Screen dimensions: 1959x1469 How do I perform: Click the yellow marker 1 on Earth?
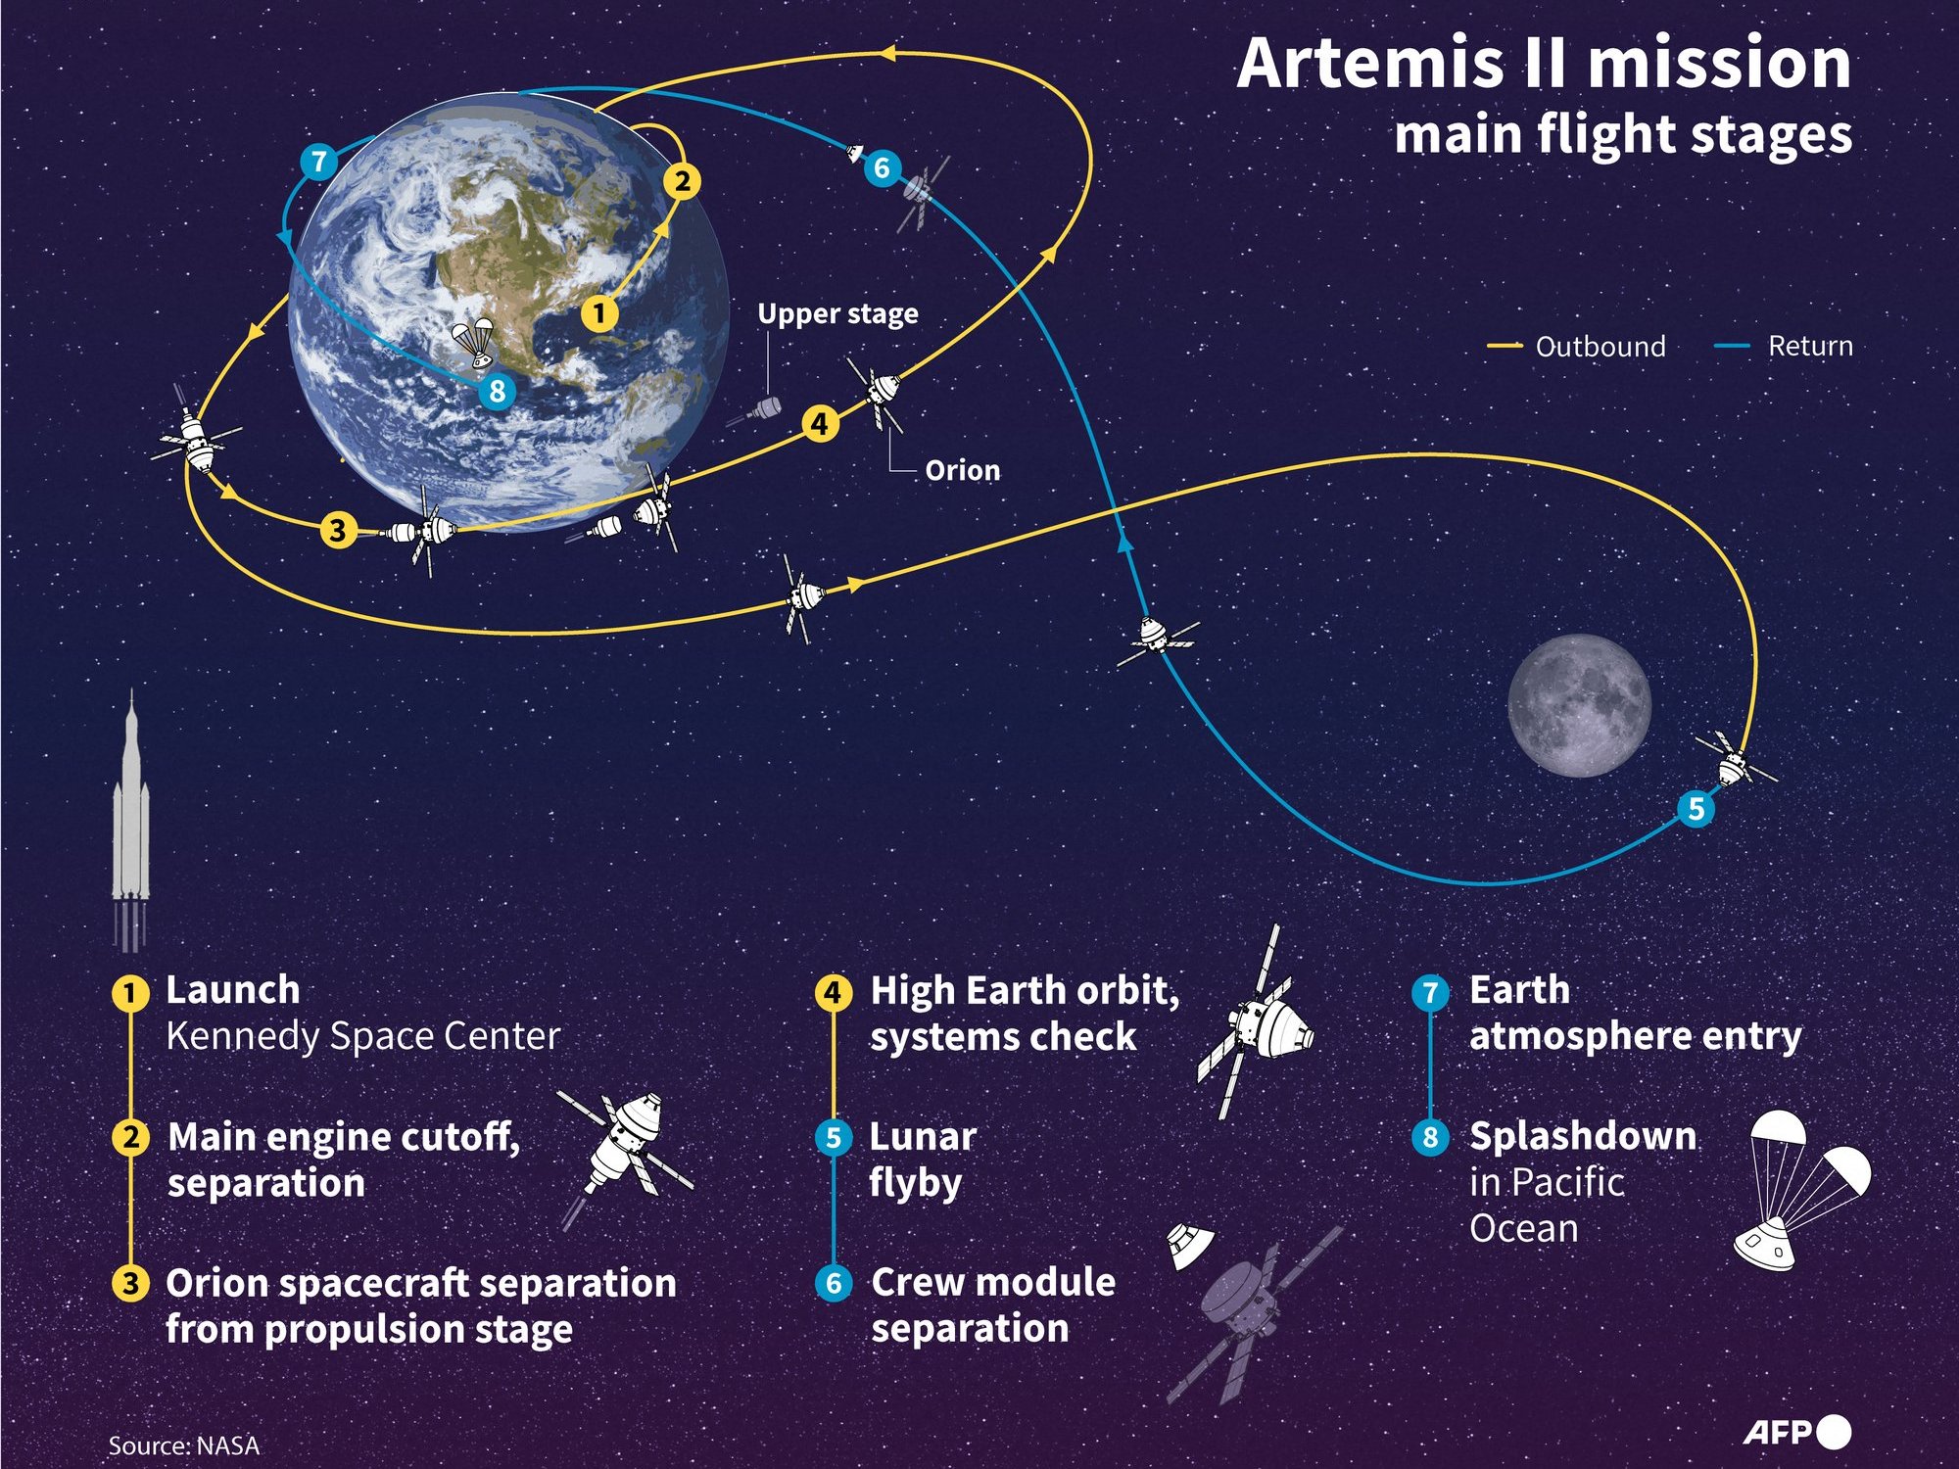(x=599, y=313)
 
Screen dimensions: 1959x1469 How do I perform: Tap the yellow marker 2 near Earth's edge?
(x=683, y=181)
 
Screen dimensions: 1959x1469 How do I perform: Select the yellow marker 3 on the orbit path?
(x=338, y=530)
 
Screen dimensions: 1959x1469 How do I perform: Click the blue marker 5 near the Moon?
(x=1696, y=809)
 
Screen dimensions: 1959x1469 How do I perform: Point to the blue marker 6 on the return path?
(x=882, y=168)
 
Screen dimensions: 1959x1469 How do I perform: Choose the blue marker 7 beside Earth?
(x=318, y=161)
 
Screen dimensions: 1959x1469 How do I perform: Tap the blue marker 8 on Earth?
(x=497, y=391)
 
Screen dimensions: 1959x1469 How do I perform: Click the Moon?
(x=1579, y=705)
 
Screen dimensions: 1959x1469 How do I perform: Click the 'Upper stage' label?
(x=837, y=313)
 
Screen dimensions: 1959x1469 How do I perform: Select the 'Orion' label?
(x=963, y=470)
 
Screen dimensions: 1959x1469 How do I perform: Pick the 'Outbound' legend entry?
(x=1576, y=346)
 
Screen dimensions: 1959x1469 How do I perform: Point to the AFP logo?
(x=1797, y=1432)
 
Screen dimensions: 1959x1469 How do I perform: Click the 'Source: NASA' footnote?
(x=184, y=1445)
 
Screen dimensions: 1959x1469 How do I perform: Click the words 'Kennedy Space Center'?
(x=363, y=1036)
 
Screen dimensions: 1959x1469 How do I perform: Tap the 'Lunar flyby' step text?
(x=923, y=1160)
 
